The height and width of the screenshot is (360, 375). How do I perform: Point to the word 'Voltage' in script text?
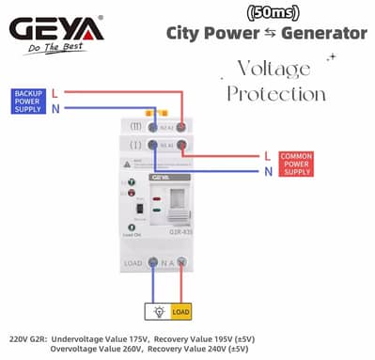point(273,70)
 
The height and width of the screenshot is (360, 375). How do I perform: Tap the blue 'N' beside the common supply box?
point(268,171)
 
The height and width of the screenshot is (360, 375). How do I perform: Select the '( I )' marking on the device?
point(135,146)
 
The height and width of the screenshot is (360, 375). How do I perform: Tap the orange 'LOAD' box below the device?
point(180,310)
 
